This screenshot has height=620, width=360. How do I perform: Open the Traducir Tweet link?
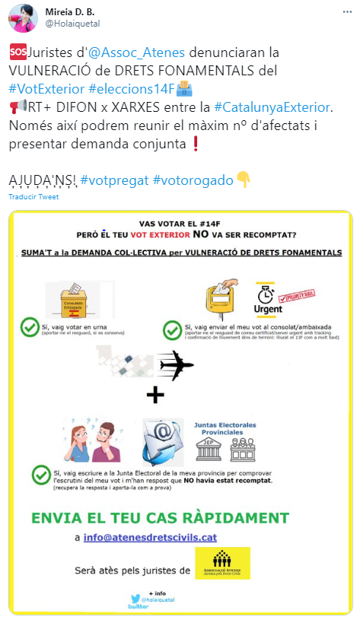coord(33,196)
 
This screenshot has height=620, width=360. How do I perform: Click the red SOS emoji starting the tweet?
coord(17,53)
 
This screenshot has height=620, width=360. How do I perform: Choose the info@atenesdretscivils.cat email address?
coord(151,537)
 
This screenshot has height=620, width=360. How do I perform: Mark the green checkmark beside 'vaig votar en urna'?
coord(30,328)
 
